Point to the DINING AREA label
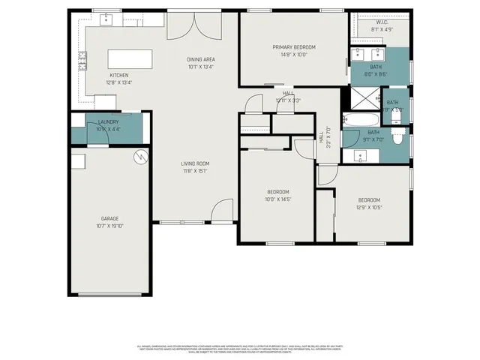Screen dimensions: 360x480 coord(200,59)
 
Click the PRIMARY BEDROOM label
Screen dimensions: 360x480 coord(294,47)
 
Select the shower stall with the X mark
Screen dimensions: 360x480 coord(364,97)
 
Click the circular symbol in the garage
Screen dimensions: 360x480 coord(139,157)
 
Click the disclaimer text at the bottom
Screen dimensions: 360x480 coord(239,349)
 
